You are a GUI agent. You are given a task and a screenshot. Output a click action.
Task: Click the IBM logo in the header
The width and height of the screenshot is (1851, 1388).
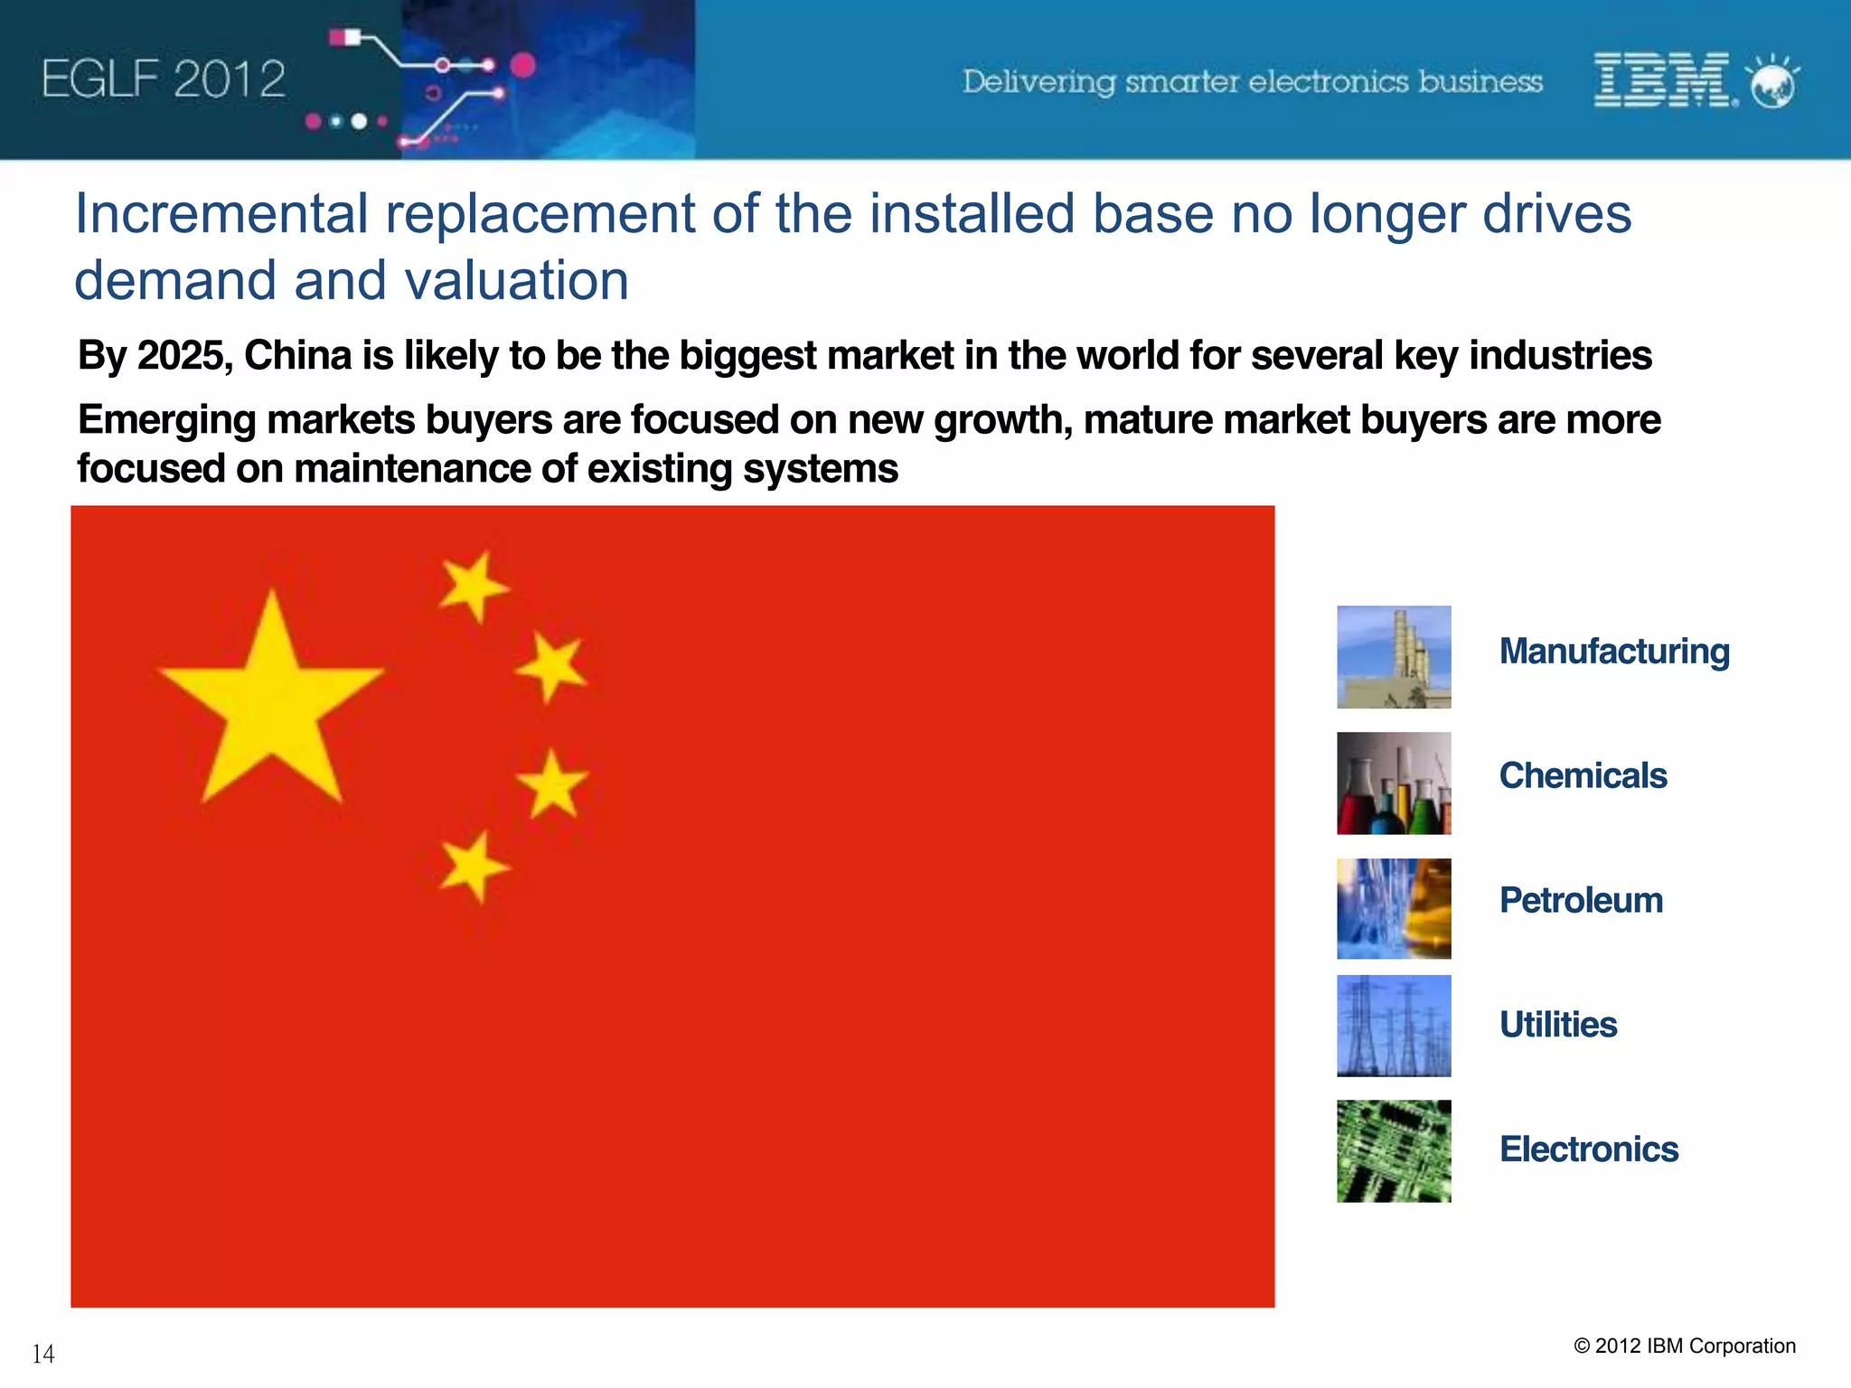coord(1661,80)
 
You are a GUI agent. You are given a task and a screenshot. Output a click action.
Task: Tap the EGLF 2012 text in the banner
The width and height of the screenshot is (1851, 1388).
coord(164,80)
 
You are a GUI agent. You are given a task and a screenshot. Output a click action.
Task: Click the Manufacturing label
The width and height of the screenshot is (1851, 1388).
coord(1614,652)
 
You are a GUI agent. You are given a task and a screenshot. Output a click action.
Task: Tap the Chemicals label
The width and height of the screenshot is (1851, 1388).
coord(1583,775)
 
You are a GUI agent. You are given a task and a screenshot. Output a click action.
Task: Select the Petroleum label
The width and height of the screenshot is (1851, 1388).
coord(1581,900)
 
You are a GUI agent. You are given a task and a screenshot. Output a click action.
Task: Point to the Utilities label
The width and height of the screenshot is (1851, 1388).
coord(1558,1025)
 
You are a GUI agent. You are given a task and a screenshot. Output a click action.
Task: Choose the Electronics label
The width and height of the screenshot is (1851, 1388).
coord(1589,1149)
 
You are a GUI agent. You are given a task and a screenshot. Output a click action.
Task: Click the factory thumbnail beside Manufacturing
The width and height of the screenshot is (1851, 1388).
coord(1394,657)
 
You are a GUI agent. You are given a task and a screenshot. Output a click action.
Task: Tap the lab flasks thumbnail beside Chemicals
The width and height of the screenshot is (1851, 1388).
coord(1394,783)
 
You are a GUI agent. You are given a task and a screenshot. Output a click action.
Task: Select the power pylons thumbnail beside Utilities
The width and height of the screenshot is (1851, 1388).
coord(1394,1026)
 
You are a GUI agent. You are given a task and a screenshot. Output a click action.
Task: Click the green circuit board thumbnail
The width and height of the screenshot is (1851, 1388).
coord(1394,1151)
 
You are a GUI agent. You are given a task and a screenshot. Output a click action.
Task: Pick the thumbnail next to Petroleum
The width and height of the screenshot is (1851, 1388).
coord(1394,908)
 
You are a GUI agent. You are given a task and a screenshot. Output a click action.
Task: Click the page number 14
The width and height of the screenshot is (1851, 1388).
coord(43,1354)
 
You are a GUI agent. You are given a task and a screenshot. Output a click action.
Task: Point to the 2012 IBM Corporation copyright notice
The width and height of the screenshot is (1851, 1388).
coord(1685,1346)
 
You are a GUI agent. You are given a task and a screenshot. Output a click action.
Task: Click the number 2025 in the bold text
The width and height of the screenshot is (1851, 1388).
coord(184,356)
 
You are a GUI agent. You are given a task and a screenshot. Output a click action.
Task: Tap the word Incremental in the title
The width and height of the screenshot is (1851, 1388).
coord(221,215)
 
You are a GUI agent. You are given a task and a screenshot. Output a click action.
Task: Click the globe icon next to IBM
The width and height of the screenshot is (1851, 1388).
coord(1773,83)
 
